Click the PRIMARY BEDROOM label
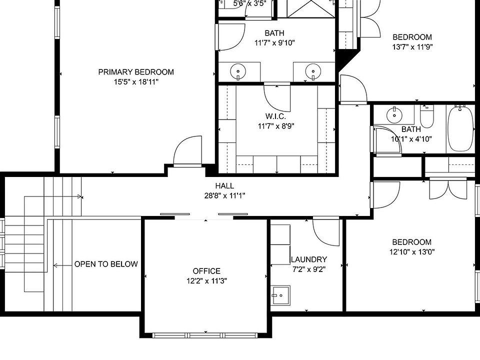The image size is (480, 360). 136,72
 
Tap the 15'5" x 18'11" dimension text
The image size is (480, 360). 136,81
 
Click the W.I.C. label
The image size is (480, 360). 275,116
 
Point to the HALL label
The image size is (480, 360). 224,186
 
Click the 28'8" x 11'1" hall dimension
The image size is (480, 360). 224,195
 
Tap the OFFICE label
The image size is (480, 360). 206,271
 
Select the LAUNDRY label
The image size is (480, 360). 308,259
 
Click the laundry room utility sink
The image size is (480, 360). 281,295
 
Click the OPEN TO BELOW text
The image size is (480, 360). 106,264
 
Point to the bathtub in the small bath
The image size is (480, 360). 460,129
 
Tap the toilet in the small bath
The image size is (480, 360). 427,117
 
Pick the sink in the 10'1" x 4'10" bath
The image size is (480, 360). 395,115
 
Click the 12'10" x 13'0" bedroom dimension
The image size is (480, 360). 412,252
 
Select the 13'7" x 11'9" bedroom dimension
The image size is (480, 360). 412,46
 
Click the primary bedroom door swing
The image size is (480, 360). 185,151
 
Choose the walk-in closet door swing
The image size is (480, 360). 276,98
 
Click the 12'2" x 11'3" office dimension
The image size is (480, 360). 206,281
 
